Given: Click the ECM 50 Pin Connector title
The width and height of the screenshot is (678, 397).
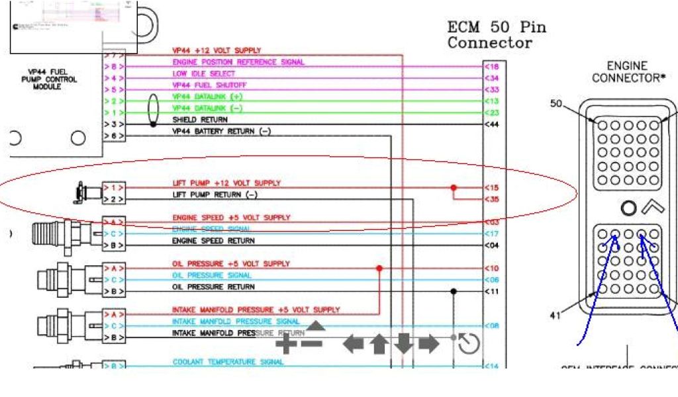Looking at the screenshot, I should [x=497, y=35].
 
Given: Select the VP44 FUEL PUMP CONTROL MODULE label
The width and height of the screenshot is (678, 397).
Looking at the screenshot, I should [x=52, y=79].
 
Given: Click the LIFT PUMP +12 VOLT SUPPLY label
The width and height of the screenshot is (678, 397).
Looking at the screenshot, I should [x=226, y=183].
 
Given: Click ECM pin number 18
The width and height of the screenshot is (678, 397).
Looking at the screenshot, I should [x=492, y=67].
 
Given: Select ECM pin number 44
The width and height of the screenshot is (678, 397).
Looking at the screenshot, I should [x=492, y=124].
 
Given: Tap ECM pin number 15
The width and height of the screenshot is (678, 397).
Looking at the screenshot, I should [x=492, y=187].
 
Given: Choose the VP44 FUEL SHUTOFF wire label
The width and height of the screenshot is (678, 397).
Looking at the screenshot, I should [x=209, y=85].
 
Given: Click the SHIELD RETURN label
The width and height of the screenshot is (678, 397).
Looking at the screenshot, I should [x=200, y=120].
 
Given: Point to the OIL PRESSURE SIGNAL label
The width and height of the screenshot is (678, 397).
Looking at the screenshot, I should [x=212, y=275].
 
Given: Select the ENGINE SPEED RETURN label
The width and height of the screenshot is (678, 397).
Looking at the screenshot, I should [x=213, y=241].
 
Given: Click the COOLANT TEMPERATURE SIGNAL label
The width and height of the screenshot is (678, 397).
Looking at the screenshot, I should [x=228, y=362].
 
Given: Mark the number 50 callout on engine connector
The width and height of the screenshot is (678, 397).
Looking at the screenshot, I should [x=557, y=104].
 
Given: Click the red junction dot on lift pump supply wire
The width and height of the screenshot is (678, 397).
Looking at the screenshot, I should [x=454, y=187].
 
